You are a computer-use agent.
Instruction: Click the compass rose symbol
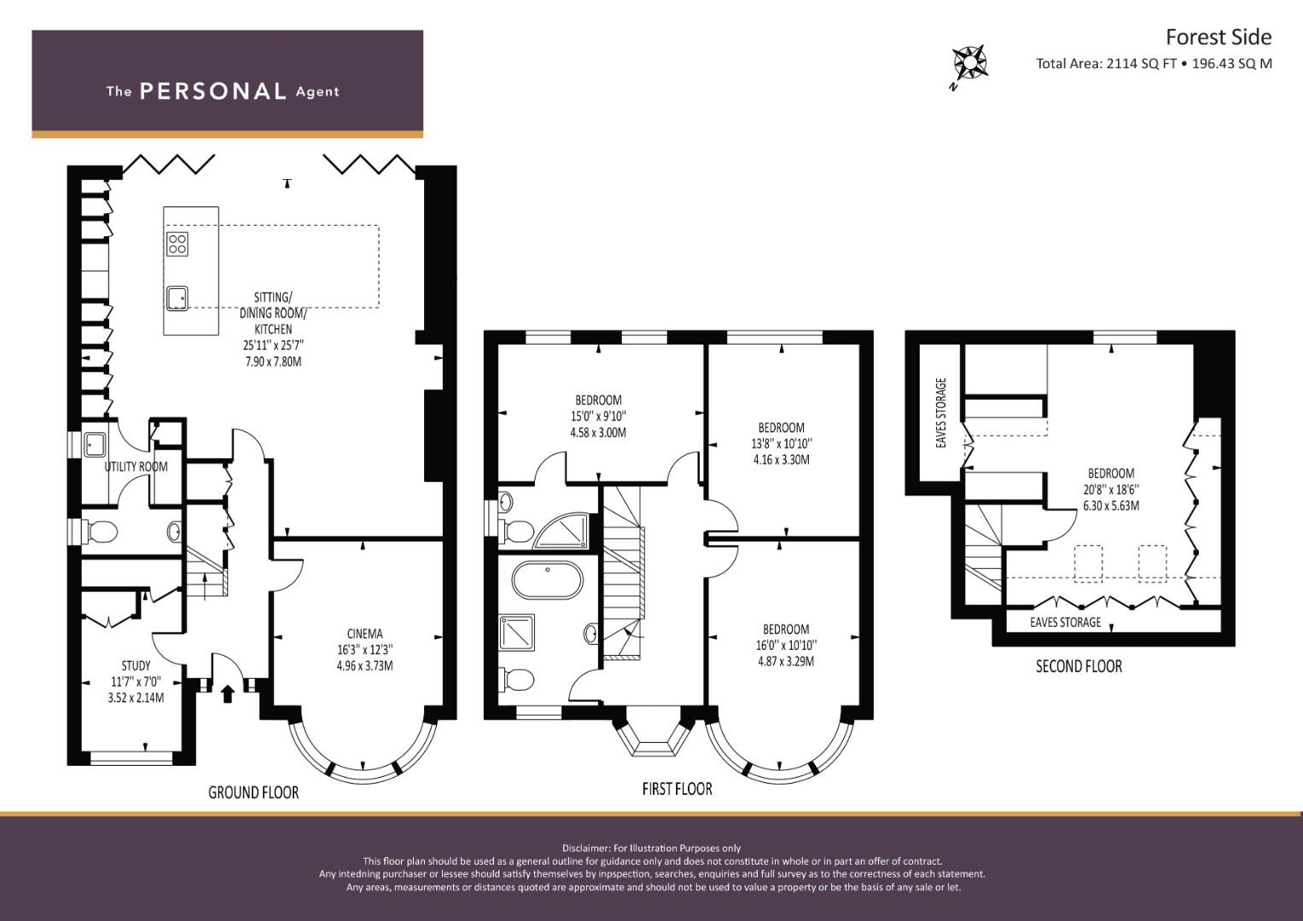coord(970,62)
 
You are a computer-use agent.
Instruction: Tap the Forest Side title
coord(1219,38)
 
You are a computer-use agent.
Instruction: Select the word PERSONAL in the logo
coord(213,90)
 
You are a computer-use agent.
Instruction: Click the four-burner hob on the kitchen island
coord(177,244)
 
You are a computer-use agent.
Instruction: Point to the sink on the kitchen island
coord(177,298)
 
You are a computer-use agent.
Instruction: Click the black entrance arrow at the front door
coord(228,693)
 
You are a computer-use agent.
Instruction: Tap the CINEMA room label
coord(364,633)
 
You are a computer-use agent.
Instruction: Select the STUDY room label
coord(136,665)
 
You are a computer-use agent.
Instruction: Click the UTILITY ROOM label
coord(136,466)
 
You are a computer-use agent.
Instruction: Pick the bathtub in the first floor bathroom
coord(547,580)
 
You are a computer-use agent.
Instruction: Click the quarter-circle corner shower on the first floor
coord(561,530)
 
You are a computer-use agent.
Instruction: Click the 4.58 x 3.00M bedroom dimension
coord(598,432)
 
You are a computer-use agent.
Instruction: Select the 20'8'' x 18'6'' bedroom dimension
coord(1110,489)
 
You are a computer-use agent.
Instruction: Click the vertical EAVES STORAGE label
coord(941,413)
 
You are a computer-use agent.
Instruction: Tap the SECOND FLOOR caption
coord(1079,666)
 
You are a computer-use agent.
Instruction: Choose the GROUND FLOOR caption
coord(253,792)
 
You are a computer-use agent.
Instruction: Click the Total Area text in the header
coord(1154,63)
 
